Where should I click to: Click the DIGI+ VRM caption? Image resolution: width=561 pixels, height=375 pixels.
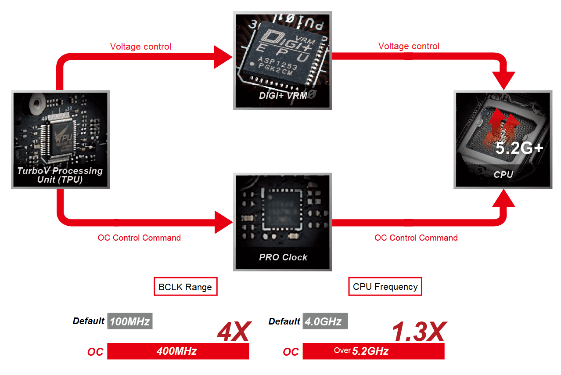point(283,96)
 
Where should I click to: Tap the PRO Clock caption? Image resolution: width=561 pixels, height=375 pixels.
point(283,257)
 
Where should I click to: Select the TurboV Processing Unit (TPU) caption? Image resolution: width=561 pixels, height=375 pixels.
point(60,175)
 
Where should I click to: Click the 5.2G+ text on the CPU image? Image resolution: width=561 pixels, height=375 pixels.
point(520,148)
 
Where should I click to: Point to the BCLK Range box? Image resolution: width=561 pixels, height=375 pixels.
point(185,287)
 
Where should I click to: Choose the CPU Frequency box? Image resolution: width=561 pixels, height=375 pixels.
point(385,287)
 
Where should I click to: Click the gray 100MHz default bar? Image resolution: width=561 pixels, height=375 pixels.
point(129,321)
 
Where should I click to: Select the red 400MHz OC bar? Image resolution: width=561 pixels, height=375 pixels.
point(178,351)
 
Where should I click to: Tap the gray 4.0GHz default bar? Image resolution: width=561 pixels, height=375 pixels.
point(325,321)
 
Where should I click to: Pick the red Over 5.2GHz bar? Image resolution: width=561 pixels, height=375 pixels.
point(373,351)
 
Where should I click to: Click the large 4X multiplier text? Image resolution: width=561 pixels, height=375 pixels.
point(234,332)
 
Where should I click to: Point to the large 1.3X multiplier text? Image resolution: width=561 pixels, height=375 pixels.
point(419,332)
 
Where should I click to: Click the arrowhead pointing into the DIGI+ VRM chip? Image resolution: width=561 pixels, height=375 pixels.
point(223,57)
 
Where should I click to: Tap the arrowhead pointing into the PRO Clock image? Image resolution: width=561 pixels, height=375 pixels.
point(223,222)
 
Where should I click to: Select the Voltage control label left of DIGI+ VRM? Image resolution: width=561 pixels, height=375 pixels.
point(140,47)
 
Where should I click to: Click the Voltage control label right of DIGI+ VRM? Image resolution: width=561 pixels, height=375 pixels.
point(409,46)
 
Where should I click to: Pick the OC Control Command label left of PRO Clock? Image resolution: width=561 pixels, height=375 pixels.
point(139,238)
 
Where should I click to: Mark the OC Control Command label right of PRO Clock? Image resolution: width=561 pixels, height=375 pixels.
point(416,238)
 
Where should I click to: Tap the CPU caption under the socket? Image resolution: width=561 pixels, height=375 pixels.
point(503,175)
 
